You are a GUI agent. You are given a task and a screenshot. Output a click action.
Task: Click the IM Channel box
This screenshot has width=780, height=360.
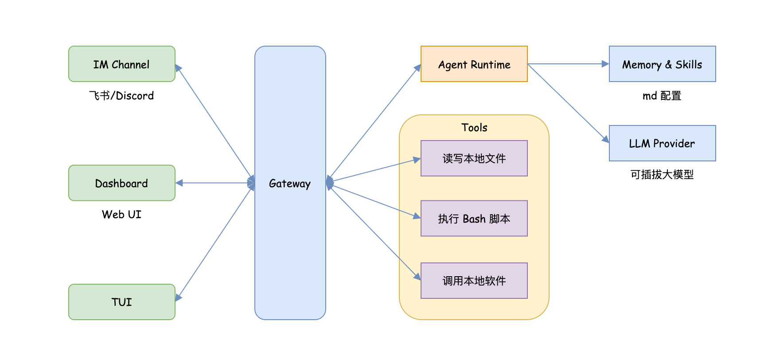click(x=122, y=64)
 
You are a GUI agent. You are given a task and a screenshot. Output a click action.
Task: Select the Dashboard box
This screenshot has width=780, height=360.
click(x=122, y=183)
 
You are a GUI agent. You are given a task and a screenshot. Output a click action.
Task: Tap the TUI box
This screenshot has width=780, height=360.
click(x=122, y=302)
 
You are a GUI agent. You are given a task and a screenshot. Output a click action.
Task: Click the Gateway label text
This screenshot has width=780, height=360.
click(x=290, y=183)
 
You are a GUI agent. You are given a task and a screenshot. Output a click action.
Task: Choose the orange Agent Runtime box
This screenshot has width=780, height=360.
click(x=474, y=64)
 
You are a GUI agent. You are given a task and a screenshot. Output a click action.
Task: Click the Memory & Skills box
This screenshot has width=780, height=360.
click(x=662, y=64)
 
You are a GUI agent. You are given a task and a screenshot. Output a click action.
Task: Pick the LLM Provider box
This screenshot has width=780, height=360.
click(x=662, y=143)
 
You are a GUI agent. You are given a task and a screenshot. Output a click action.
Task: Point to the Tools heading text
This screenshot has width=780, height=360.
click(x=474, y=128)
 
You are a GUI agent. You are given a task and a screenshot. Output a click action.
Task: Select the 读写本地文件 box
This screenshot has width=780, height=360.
click(x=474, y=158)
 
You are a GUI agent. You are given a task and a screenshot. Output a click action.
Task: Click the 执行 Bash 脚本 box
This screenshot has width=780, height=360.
click(x=474, y=219)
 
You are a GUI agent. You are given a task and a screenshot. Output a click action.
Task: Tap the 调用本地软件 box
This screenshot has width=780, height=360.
click(x=474, y=281)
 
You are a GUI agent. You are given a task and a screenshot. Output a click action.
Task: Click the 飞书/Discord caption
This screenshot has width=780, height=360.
click(x=121, y=96)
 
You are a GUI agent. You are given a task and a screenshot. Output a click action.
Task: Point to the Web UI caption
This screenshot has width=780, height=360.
click(x=121, y=215)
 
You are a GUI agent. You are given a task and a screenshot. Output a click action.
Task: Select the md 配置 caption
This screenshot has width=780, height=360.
click(x=662, y=96)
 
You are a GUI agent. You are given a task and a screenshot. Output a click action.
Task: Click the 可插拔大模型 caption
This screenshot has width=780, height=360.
click(x=662, y=175)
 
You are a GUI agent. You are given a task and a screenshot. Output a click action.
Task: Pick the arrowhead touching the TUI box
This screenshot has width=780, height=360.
click(x=178, y=297)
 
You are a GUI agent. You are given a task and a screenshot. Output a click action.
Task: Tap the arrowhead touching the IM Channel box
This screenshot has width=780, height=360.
click(x=178, y=68)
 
